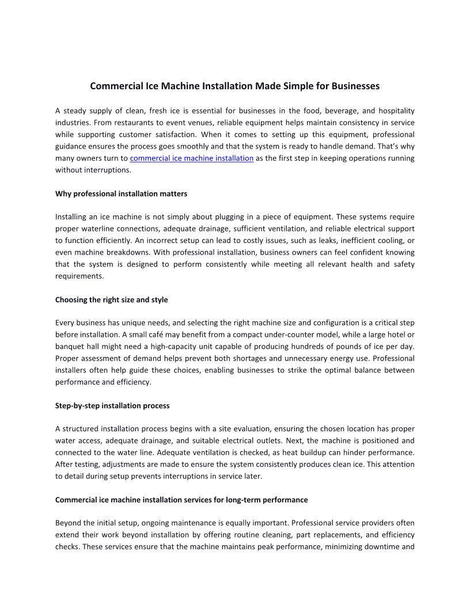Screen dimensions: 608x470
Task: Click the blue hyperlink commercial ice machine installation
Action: (x=192, y=158)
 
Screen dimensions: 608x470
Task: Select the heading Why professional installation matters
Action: (x=121, y=194)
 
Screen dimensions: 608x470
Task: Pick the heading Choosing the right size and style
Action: (x=112, y=300)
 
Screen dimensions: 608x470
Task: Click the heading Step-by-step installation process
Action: (x=112, y=406)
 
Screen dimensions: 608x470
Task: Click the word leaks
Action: (x=316, y=241)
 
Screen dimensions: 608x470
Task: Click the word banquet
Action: (x=69, y=347)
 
